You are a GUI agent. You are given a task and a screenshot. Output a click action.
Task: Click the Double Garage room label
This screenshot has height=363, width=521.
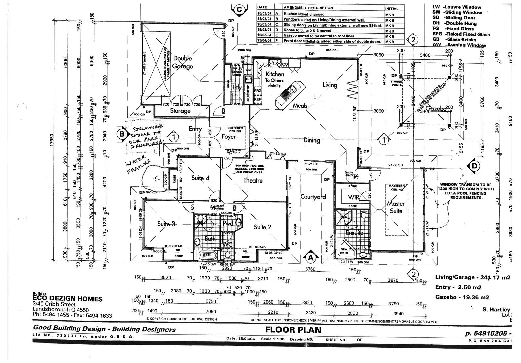183,62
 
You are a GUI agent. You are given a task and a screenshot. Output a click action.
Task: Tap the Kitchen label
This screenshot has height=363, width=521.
275,74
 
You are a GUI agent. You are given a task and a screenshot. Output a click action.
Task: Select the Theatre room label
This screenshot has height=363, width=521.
253,180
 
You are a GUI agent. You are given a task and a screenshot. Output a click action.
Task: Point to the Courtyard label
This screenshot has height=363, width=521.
313,197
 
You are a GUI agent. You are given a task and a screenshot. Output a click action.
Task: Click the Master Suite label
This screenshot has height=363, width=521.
396,207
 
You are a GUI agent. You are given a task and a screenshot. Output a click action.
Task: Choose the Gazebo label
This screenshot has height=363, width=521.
436,109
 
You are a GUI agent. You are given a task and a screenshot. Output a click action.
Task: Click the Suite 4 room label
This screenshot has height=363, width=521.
200,178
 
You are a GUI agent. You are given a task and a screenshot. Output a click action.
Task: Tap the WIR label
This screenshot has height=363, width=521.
353,197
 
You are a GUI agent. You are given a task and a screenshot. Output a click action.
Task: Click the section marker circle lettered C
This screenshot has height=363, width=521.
239,10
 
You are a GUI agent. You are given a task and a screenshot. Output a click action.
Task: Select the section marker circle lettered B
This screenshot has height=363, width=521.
122,134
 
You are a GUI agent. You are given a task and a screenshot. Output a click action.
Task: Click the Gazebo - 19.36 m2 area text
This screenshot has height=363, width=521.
462,297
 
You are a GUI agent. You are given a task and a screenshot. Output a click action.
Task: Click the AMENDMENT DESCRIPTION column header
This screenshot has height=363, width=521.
308,8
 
